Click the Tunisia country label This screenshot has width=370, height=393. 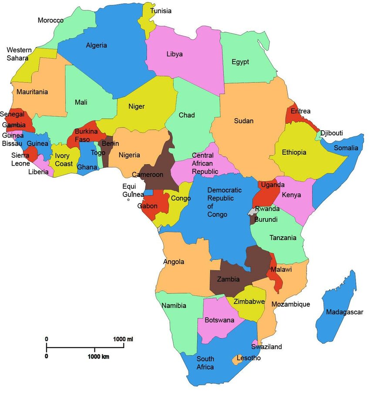(x=161, y=11)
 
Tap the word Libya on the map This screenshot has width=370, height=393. (x=174, y=54)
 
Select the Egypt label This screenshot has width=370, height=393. (x=240, y=62)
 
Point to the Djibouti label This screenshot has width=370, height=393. (x=332, y=133)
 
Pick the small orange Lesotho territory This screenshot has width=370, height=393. (x=238, y=359)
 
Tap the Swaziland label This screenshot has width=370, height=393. (x=266, y=347)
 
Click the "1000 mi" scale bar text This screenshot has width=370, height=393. (x=123, y=339)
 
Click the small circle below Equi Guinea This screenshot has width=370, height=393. (x=128, y=200)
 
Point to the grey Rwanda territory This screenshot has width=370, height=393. (x=252, y=211)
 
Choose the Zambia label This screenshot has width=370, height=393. (x=229, y=279)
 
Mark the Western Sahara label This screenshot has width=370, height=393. (x=17, y=54)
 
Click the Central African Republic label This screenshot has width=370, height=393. (x=205, y=163)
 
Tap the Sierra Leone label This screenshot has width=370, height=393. (x=20, y=159)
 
